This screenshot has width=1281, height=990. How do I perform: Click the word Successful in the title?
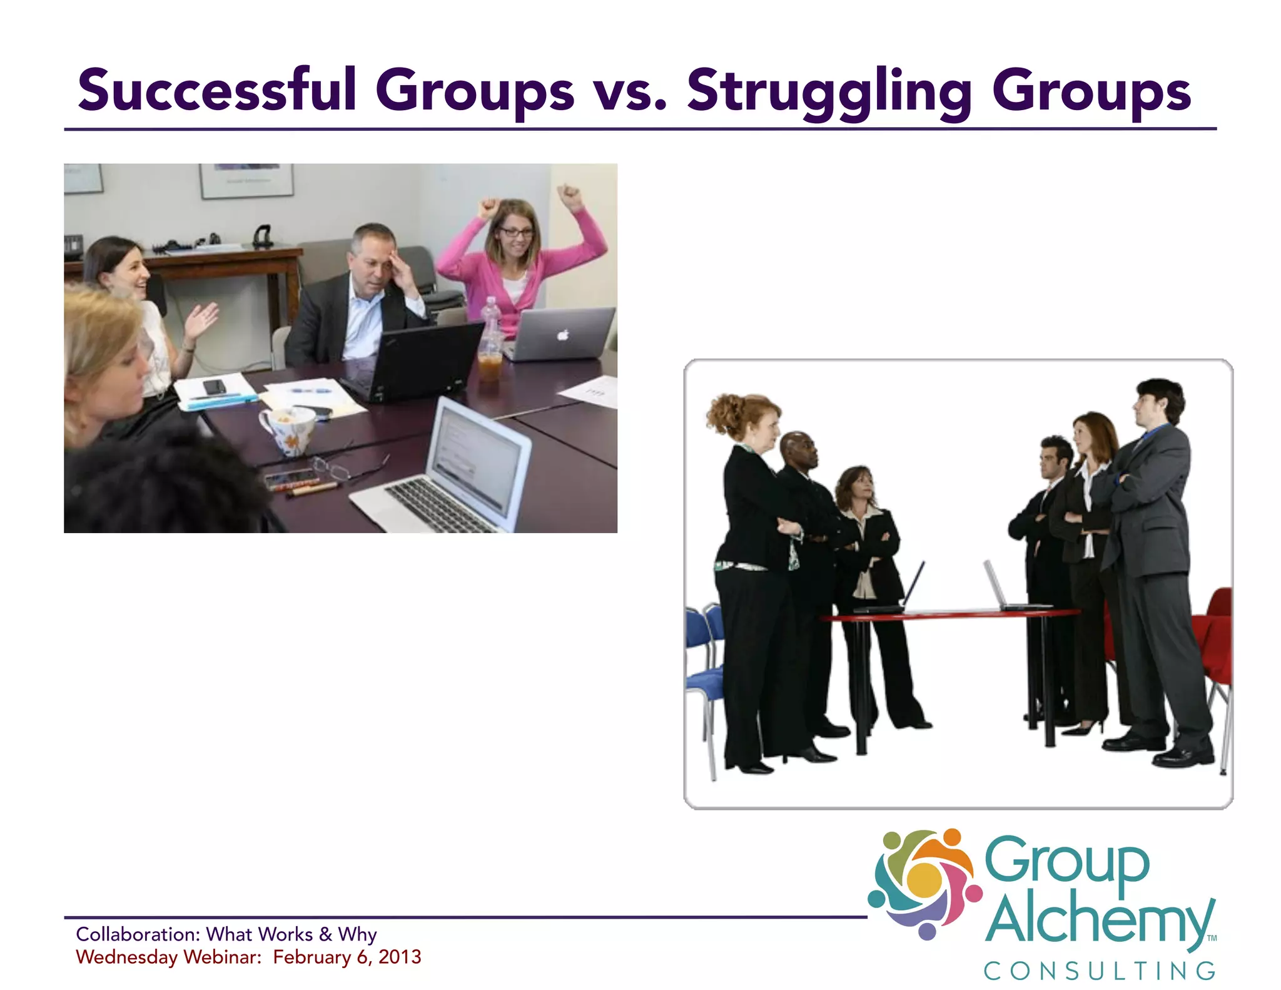click(217, 91)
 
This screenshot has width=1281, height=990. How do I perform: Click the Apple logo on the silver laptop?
click(563, 335)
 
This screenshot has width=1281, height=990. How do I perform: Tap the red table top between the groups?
click(951, 614)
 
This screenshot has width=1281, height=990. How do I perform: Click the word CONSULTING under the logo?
click(1100, 971)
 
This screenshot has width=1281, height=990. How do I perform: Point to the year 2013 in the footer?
click(400, 957)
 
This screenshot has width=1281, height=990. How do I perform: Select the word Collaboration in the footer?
click(138, 934)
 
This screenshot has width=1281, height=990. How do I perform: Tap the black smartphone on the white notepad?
click(215, 387)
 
